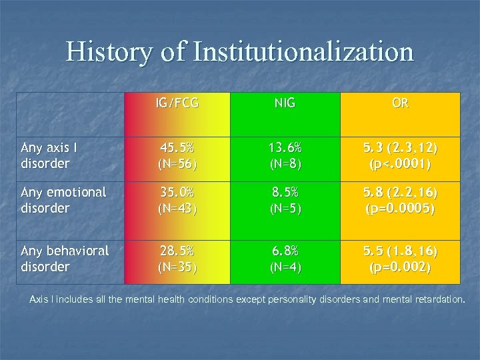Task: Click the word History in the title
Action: tap(109, 52)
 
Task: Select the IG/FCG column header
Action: tap(176, 103)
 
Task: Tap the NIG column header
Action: tap(285, 103)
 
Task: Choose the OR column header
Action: tap(401, 103)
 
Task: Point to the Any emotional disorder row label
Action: tap(63, 200)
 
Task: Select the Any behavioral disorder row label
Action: tap(65, 259)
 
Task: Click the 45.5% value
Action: tap(176, 147)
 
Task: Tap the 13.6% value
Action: tap(285, 147)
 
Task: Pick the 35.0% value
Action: tap(176, 192)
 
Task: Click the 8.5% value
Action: tap(285, 192)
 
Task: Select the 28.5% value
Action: tap(176, 251)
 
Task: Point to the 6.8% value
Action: tap(285, 251)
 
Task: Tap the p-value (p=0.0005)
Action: tap(401, 208)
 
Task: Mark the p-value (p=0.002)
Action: tap(401, 267)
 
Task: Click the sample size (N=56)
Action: tap(176, 163)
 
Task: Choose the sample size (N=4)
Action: tap(285, 267)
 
